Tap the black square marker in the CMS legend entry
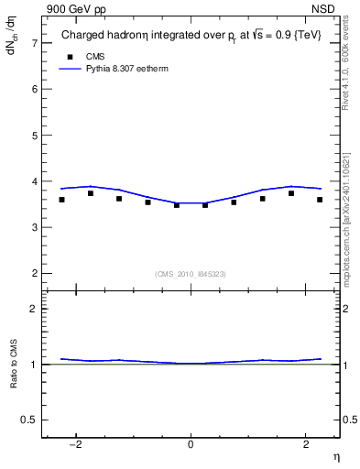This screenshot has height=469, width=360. [70, 56]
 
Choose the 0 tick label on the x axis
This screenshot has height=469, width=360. [191, 445]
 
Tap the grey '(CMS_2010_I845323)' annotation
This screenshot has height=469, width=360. [191, 273]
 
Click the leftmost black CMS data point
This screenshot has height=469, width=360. [61, 200]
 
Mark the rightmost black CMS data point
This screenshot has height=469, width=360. [320, 200]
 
